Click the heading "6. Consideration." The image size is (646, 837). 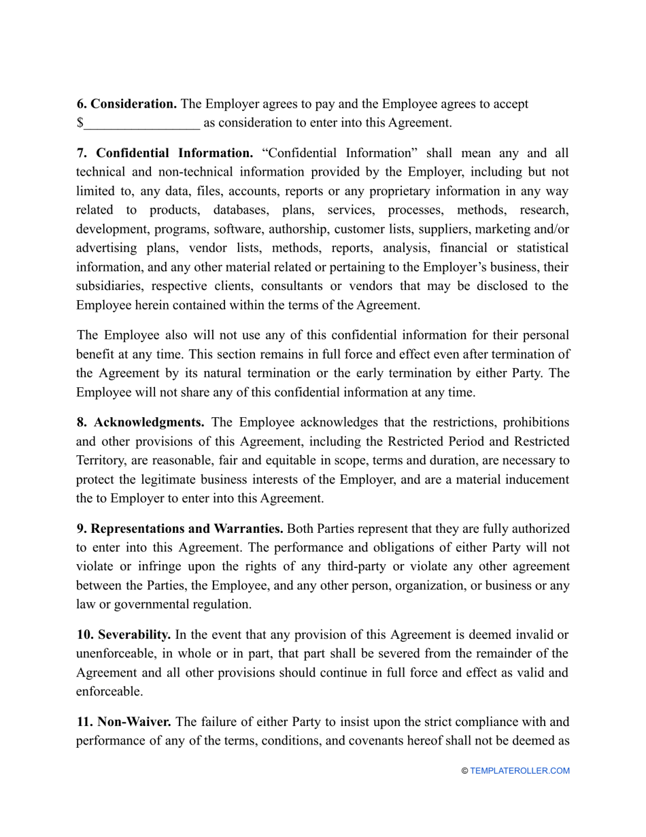click(x=126, y=104)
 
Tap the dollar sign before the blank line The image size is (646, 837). click(x=80, y=123)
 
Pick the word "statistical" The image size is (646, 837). click(x=538, y=248)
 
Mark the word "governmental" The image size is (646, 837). click(x=144, y=605)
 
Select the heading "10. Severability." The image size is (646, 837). click(x=123, y=635)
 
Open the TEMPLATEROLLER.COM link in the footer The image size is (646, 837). click(x=520, y=771)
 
